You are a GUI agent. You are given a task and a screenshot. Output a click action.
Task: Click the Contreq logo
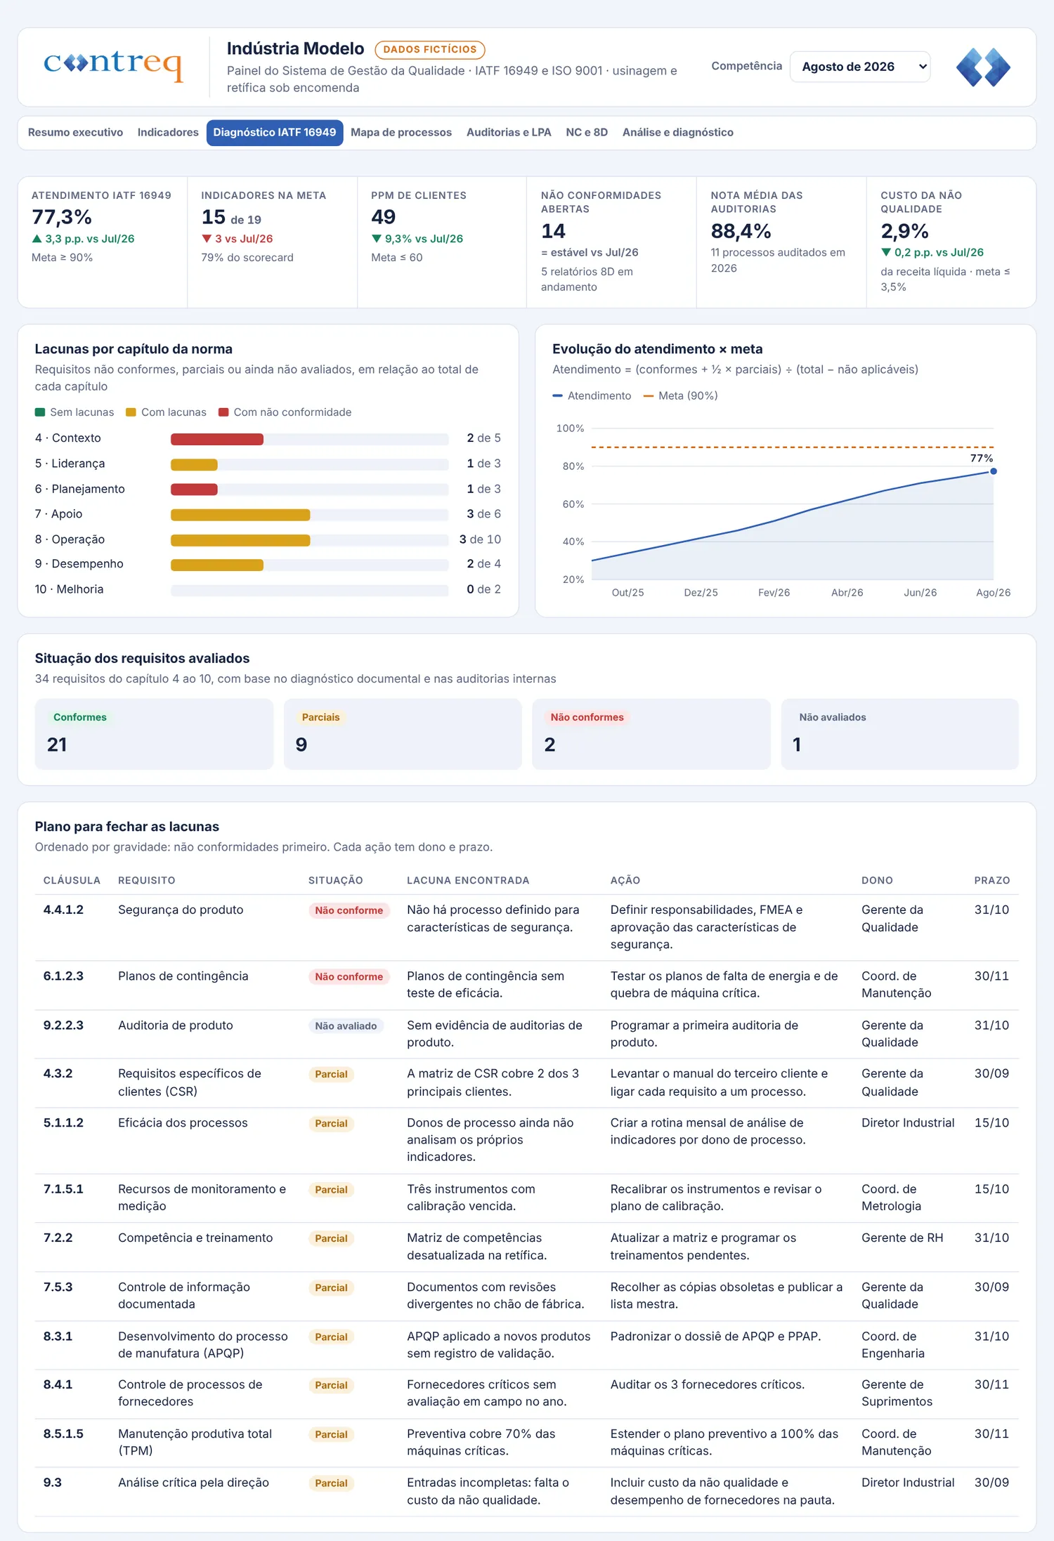(113, 65)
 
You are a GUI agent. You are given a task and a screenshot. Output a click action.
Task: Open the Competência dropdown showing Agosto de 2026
(860, 67)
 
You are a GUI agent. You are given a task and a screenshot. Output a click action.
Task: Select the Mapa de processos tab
(401, 133)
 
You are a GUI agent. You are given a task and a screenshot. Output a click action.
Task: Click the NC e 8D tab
(587, 133)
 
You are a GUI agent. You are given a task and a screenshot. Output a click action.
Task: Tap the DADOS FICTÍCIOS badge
(430, 50)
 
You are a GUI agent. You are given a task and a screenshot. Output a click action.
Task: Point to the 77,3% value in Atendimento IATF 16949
(62, 217)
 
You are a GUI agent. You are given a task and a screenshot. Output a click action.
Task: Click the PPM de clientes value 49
(384, 217)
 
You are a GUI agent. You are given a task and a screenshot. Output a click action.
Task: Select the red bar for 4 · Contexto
(217, 439)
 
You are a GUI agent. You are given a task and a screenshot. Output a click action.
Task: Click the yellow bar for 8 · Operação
(240, 540)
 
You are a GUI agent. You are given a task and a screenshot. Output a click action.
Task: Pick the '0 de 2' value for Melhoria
(483, 589)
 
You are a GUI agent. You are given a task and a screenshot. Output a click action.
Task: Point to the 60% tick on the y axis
(573, 504)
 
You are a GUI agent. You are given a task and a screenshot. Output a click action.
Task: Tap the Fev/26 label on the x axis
(774, 593)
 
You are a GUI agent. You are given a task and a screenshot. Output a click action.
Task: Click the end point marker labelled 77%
(994, 471)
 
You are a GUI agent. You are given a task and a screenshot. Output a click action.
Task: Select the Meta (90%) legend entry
(680, 396)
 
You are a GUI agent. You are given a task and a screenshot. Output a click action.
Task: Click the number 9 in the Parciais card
(301, 745)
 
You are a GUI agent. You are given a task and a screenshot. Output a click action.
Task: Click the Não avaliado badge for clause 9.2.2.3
(346, 1026)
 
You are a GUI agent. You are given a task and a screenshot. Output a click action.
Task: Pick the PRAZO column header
(991, 881)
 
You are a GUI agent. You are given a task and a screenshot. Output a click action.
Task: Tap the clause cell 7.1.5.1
(63, 1189)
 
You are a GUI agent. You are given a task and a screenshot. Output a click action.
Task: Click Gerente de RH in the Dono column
(902, 1238)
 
